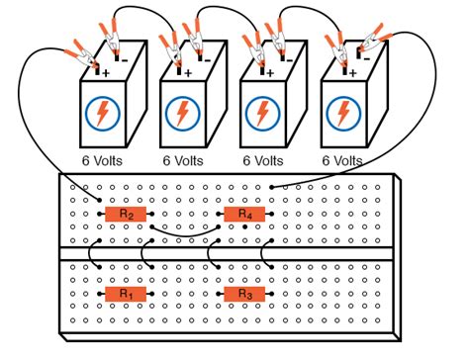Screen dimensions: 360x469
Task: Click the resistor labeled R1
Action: (x=125, y=294)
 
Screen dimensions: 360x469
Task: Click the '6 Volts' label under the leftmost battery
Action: (x=103, y=159)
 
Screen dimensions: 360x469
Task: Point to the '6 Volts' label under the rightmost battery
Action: (x=347, y=159)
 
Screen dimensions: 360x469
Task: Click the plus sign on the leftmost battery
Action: (x=107, y=71)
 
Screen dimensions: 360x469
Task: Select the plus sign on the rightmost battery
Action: (x=351, y=71)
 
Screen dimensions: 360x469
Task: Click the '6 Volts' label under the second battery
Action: (x=185, y=159)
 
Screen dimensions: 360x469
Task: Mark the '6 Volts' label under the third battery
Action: (x=266, y=159)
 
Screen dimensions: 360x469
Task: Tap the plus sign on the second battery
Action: (x=188, y=71)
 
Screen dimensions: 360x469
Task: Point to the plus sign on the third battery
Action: (x=270, y=71)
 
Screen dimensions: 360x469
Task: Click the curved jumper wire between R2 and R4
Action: (x=185, y=234)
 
